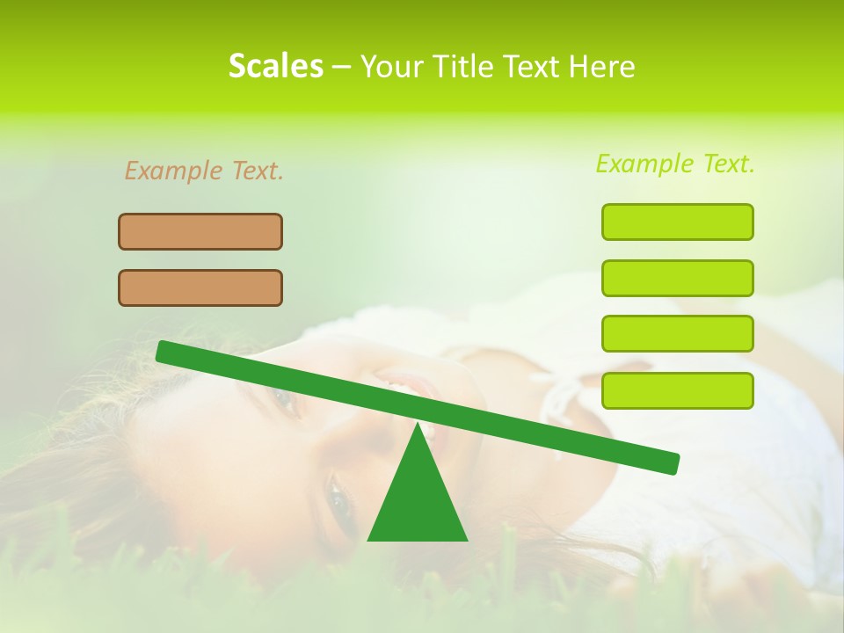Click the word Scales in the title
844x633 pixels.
pos(275,66)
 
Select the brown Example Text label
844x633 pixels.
pos(204,171)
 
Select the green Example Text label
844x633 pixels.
pos(675,164)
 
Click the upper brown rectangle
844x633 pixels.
pos(200,231)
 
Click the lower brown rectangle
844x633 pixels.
pos(200,287)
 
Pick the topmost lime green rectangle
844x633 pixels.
pos(677,222)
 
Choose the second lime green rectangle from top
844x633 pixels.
pos(677,278)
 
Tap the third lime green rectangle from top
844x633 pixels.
pos(677,334)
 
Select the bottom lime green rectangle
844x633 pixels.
pos(677,390)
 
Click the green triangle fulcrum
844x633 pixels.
pos(418,501)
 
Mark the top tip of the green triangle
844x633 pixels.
pos(418,424)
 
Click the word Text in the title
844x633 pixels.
pos(532,66)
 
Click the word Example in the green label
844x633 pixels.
pos(645,164)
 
